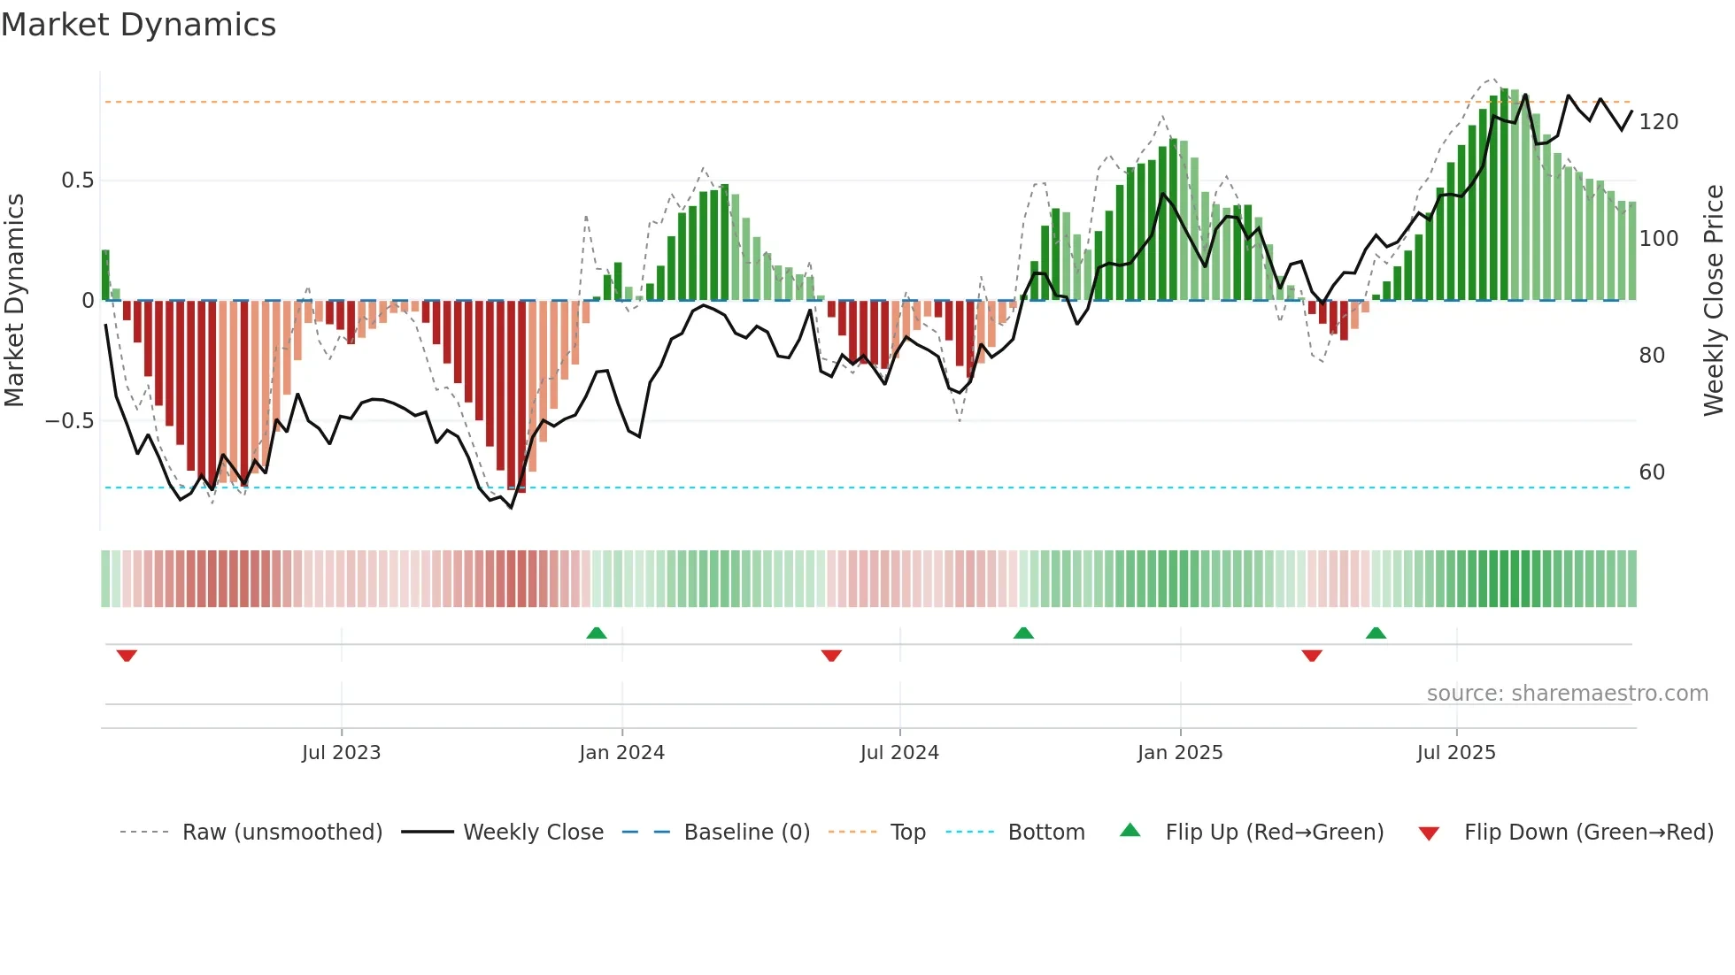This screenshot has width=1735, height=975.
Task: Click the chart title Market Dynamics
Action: (x=139, y=25)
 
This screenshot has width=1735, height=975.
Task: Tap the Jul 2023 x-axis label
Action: (x=341, y=753)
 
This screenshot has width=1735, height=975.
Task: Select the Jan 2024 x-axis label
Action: (x=621, y=753)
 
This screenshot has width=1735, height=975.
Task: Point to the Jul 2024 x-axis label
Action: (x=899, y=753)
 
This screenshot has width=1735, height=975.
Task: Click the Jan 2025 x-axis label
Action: (x=1180, y=753)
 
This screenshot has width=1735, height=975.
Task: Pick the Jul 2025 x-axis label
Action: (x=1456, y=753)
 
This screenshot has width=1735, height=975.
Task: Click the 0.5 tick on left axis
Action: (x=78, y=180)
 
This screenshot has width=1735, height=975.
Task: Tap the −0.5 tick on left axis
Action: (x=70, y=421)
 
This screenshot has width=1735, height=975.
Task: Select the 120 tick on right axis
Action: (x=1658, y=122)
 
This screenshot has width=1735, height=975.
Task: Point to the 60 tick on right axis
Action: (x=1652, y=472)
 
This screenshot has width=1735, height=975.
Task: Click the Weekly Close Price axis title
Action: (x=1715, y=301)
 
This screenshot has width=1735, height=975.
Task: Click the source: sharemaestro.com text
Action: (x=1567, y=694)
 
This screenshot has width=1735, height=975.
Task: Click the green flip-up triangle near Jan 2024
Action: (x=597, y=633)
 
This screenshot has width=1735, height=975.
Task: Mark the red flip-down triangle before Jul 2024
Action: (x=831, y=656)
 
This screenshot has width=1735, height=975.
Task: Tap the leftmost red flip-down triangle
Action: (x=127, y=656)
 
